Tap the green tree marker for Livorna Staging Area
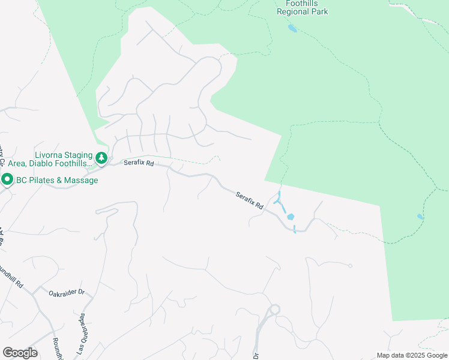point(102,158)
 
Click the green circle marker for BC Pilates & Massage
point(7,179)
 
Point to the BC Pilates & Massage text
point(56,180)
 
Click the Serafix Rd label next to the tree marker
point(139,163)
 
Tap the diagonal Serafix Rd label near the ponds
point(250,200)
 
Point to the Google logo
point(20,353)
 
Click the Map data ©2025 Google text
point(412,355)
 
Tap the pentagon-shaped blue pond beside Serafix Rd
point(291,217)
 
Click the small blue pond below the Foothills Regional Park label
point(292,28)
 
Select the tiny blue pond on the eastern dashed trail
point(420,217)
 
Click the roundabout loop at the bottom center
point(274,310)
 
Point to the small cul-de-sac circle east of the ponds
point(350,266)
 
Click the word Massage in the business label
point(82,180)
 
